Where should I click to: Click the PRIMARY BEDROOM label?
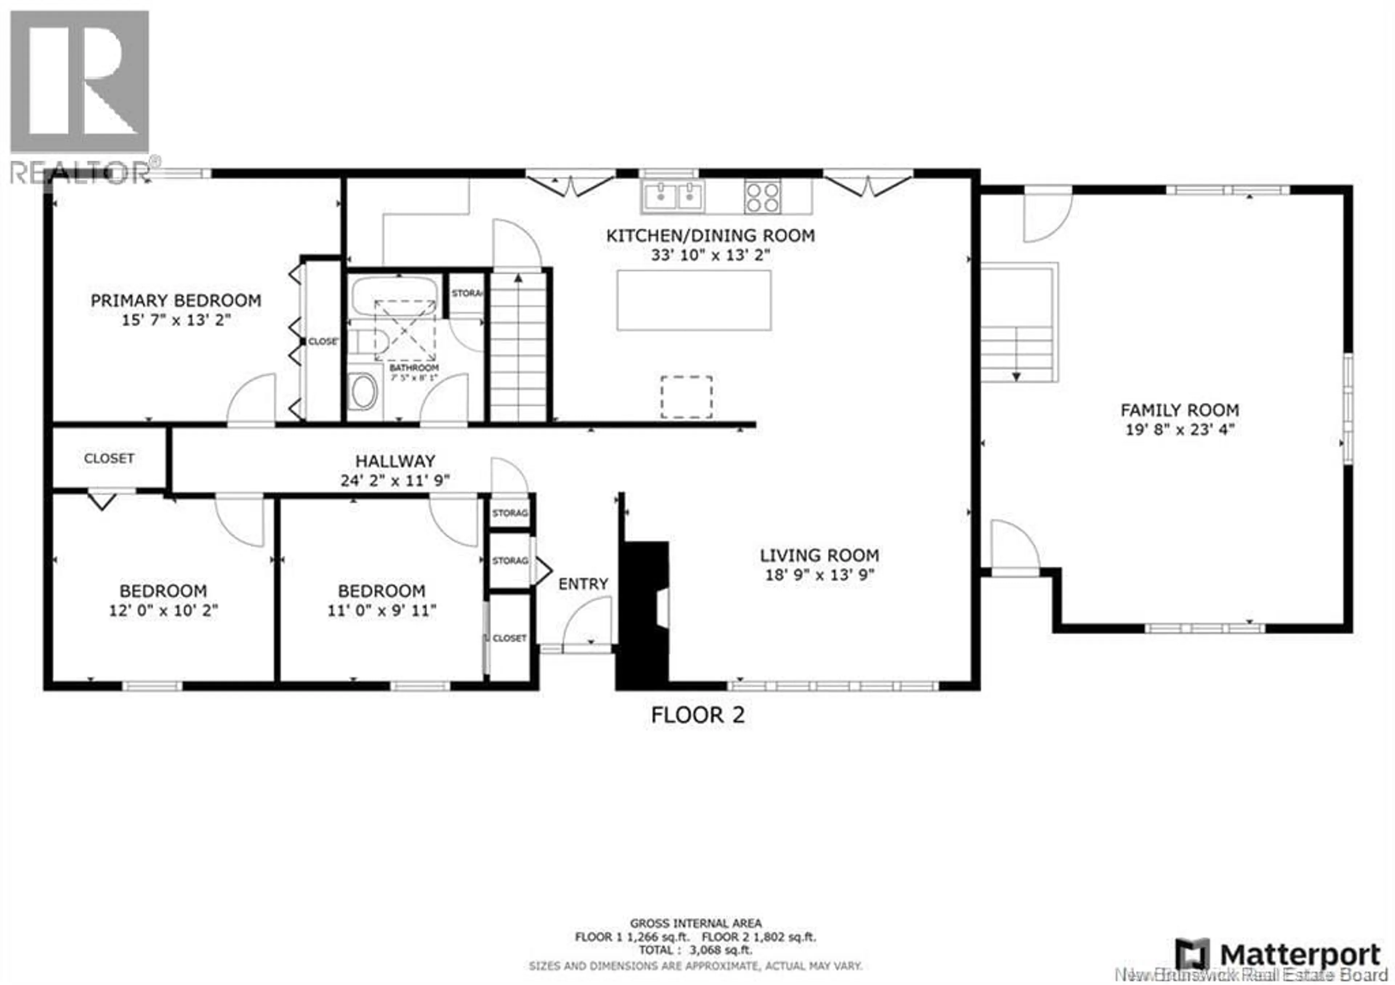pos(175,300)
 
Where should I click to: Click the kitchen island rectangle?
pos(694,300)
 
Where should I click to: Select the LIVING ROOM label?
pos(819,555)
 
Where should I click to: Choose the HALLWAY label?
pos(395,461)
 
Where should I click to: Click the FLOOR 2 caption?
pos(697,715)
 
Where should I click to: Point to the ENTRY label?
pos(583,584)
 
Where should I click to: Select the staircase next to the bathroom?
pos(518,346)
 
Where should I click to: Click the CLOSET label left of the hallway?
pos(109,458)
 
